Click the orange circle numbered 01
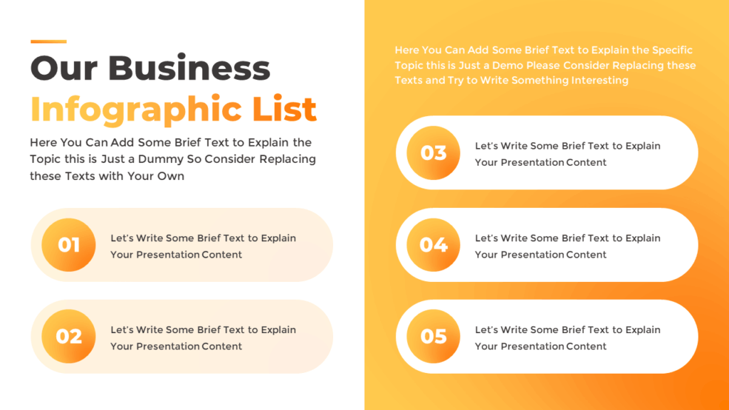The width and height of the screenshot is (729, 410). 68,245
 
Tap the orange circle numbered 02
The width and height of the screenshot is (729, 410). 68,337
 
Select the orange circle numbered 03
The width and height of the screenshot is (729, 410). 434,153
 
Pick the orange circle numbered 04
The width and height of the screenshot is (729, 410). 434,245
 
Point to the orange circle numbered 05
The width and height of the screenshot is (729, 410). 434,337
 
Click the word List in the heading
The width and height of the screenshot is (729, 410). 284,110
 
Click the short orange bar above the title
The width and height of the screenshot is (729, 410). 48,41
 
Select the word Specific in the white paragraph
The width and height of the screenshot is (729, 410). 673,51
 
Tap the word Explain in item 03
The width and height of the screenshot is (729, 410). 643,146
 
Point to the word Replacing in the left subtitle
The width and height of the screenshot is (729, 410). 288,159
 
